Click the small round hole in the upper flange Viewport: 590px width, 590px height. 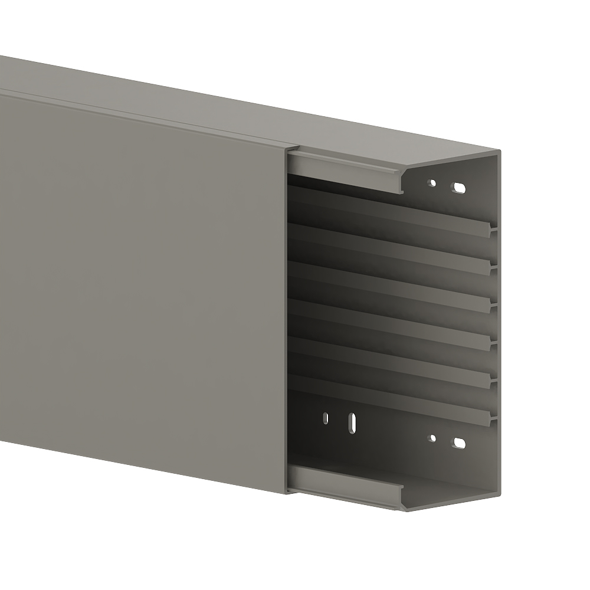pyautogui.click(x=432, y=183)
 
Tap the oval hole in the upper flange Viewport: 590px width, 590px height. pyautogui.click(x=458, y=188)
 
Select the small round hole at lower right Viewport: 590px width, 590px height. pyautogui.click(x=432, y=438)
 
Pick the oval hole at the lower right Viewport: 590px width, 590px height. pyautogui.click(x=458, y=443)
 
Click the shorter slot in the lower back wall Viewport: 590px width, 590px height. pyautogui.click(x=325, y=418)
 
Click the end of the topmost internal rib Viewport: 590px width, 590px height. pyautogui.click(x=491, y=229)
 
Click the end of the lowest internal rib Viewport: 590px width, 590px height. pyautogui.click(x=491, y=418)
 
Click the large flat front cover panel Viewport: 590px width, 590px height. pyautogui.click(x=142, y=283)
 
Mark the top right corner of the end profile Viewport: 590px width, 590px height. pyautogui.click(x=499, y=152)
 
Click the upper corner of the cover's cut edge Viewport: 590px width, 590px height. pyautogui.click(x=287, y=149)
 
